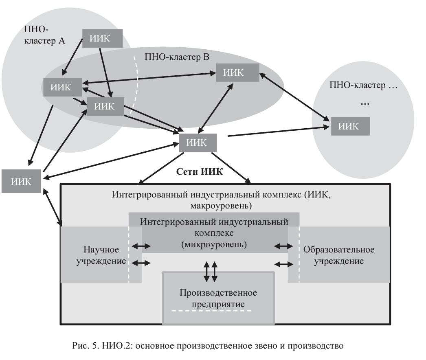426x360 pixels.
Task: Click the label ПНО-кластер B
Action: tap(177, 57)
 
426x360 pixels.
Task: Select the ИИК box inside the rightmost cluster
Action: tap(350, 126)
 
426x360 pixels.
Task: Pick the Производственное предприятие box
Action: tap(218, 298)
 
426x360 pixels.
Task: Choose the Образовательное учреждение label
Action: tap(338, 255)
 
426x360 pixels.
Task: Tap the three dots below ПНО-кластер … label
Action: tap(365, 104)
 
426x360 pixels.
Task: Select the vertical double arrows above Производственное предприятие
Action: tap(210, 272)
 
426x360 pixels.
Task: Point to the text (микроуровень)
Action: tap(214, 245)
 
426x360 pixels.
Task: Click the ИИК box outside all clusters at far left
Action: tap(21, 181)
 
